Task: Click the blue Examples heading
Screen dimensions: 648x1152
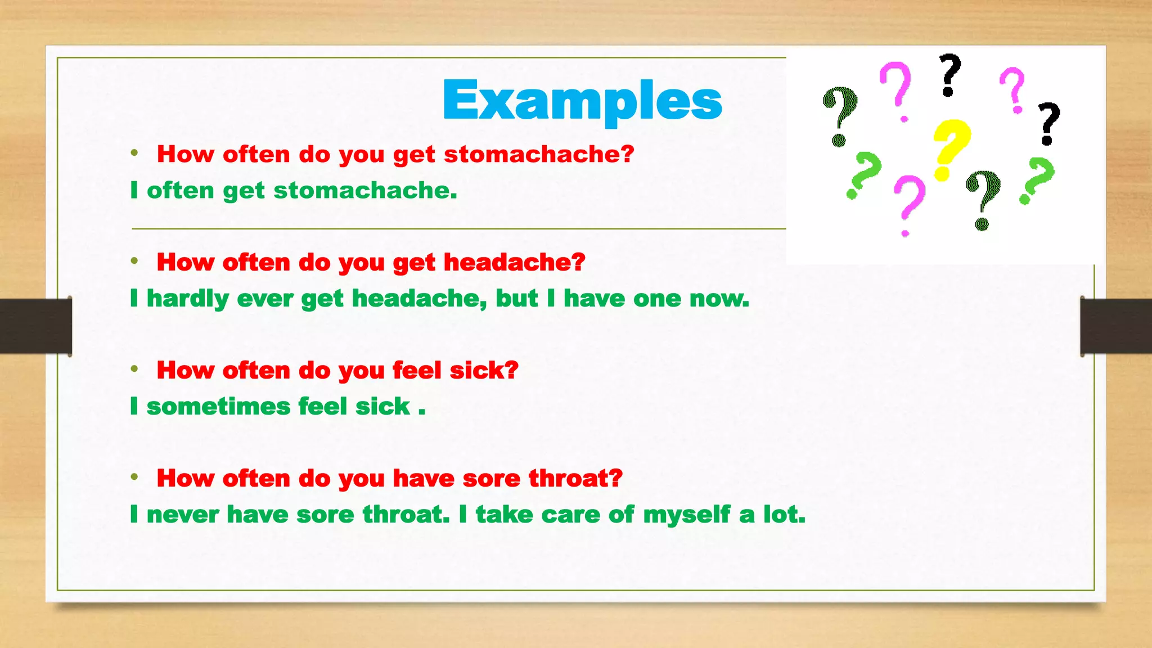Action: tap(582, 100)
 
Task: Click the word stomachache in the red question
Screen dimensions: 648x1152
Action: tap(538, 154)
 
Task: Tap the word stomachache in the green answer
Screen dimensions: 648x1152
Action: tap(364, 190)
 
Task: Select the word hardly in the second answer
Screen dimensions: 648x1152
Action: tap(187, 299)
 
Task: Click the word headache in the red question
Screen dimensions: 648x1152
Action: tap(514, 262)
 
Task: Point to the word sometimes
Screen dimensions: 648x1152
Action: tap(218, 406)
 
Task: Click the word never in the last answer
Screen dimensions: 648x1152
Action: tap(182, 514)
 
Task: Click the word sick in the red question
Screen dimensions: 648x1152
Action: tap(483, 370)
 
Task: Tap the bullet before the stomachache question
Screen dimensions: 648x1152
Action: tap(134, 153)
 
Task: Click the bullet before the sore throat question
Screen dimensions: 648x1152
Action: tap(134, 477)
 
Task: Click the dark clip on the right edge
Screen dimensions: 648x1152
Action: tap(1116, 326)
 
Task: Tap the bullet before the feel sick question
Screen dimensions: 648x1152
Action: tap(134, 369)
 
